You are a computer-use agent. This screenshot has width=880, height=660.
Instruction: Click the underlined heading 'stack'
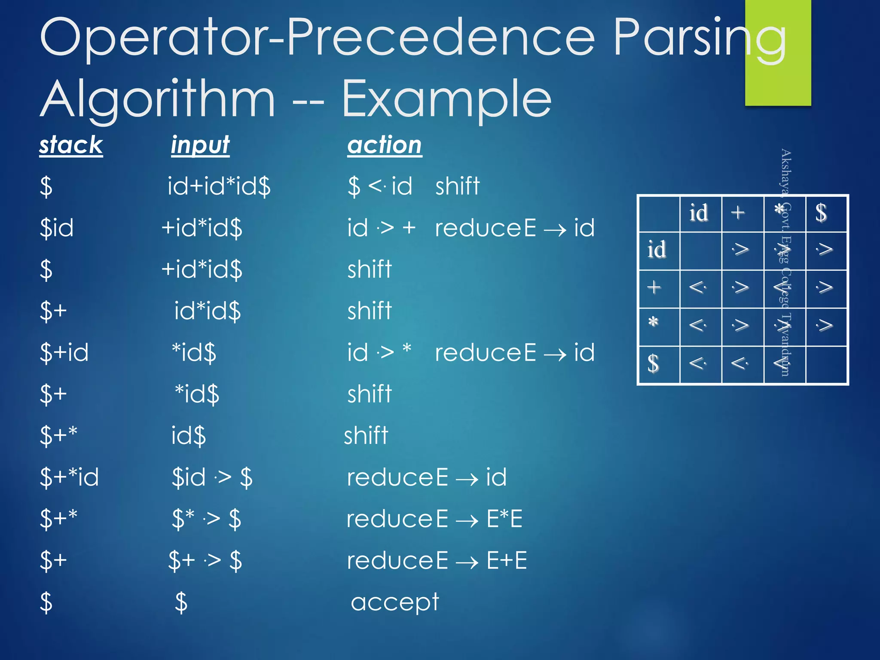click(x=71, y=145)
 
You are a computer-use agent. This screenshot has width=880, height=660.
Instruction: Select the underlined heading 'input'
click(x=200, y=145)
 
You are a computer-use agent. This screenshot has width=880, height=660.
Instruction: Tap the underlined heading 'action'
click(x=385, y=145)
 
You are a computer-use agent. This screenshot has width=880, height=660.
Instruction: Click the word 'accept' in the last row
click(x=394, y=602)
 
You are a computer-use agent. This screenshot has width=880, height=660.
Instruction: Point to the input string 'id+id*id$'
click(x=219, y=186)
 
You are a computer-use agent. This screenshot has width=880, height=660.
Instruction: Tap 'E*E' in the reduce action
click(x=504, y=519)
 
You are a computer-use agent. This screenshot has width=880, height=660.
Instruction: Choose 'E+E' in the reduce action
click(x=506, y=560)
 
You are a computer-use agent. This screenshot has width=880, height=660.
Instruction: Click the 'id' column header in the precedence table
click(x=699, y=213)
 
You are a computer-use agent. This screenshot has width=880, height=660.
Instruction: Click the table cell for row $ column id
click(x=699, y=364)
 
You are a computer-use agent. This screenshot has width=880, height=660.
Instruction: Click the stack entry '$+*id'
click(x=69, y=477)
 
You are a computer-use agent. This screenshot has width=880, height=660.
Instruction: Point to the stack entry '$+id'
click(x=64, y=352)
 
